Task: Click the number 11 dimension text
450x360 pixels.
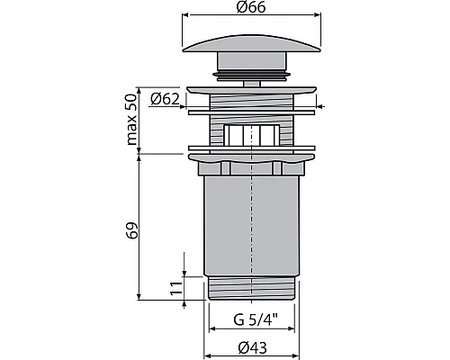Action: (176, 289)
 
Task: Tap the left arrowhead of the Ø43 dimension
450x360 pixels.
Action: (208, 349)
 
